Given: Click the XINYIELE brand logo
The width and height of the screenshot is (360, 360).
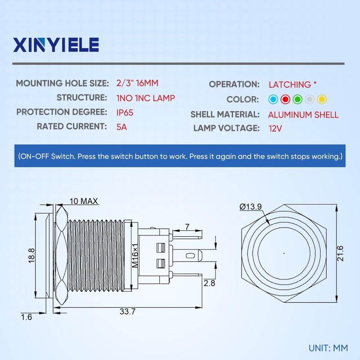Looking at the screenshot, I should coord(56,45).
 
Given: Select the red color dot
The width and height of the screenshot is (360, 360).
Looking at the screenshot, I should coord(285,99).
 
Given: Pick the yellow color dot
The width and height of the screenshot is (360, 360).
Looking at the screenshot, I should coord(321,99).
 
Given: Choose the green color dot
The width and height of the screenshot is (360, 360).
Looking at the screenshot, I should coord(297,99).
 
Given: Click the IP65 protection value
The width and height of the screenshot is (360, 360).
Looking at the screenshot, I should coord(125,112).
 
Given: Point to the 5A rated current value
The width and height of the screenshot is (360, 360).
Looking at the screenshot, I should coord(121,126).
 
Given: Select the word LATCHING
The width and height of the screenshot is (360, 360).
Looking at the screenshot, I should coord(289,84).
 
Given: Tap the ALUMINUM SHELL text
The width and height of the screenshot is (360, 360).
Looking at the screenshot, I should coord(303,114).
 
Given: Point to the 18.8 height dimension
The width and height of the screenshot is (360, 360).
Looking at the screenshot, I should coord(31,256).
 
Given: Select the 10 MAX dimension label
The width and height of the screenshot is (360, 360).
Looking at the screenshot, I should coord(84,201).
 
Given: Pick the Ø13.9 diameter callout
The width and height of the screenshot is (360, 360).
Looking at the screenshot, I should coord(251,207).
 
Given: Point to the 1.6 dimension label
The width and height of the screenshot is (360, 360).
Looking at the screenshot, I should coord(27,317).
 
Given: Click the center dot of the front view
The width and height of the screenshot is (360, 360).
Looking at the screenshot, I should coord(283,253).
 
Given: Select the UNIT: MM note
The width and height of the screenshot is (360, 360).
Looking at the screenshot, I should coord(328,348).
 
